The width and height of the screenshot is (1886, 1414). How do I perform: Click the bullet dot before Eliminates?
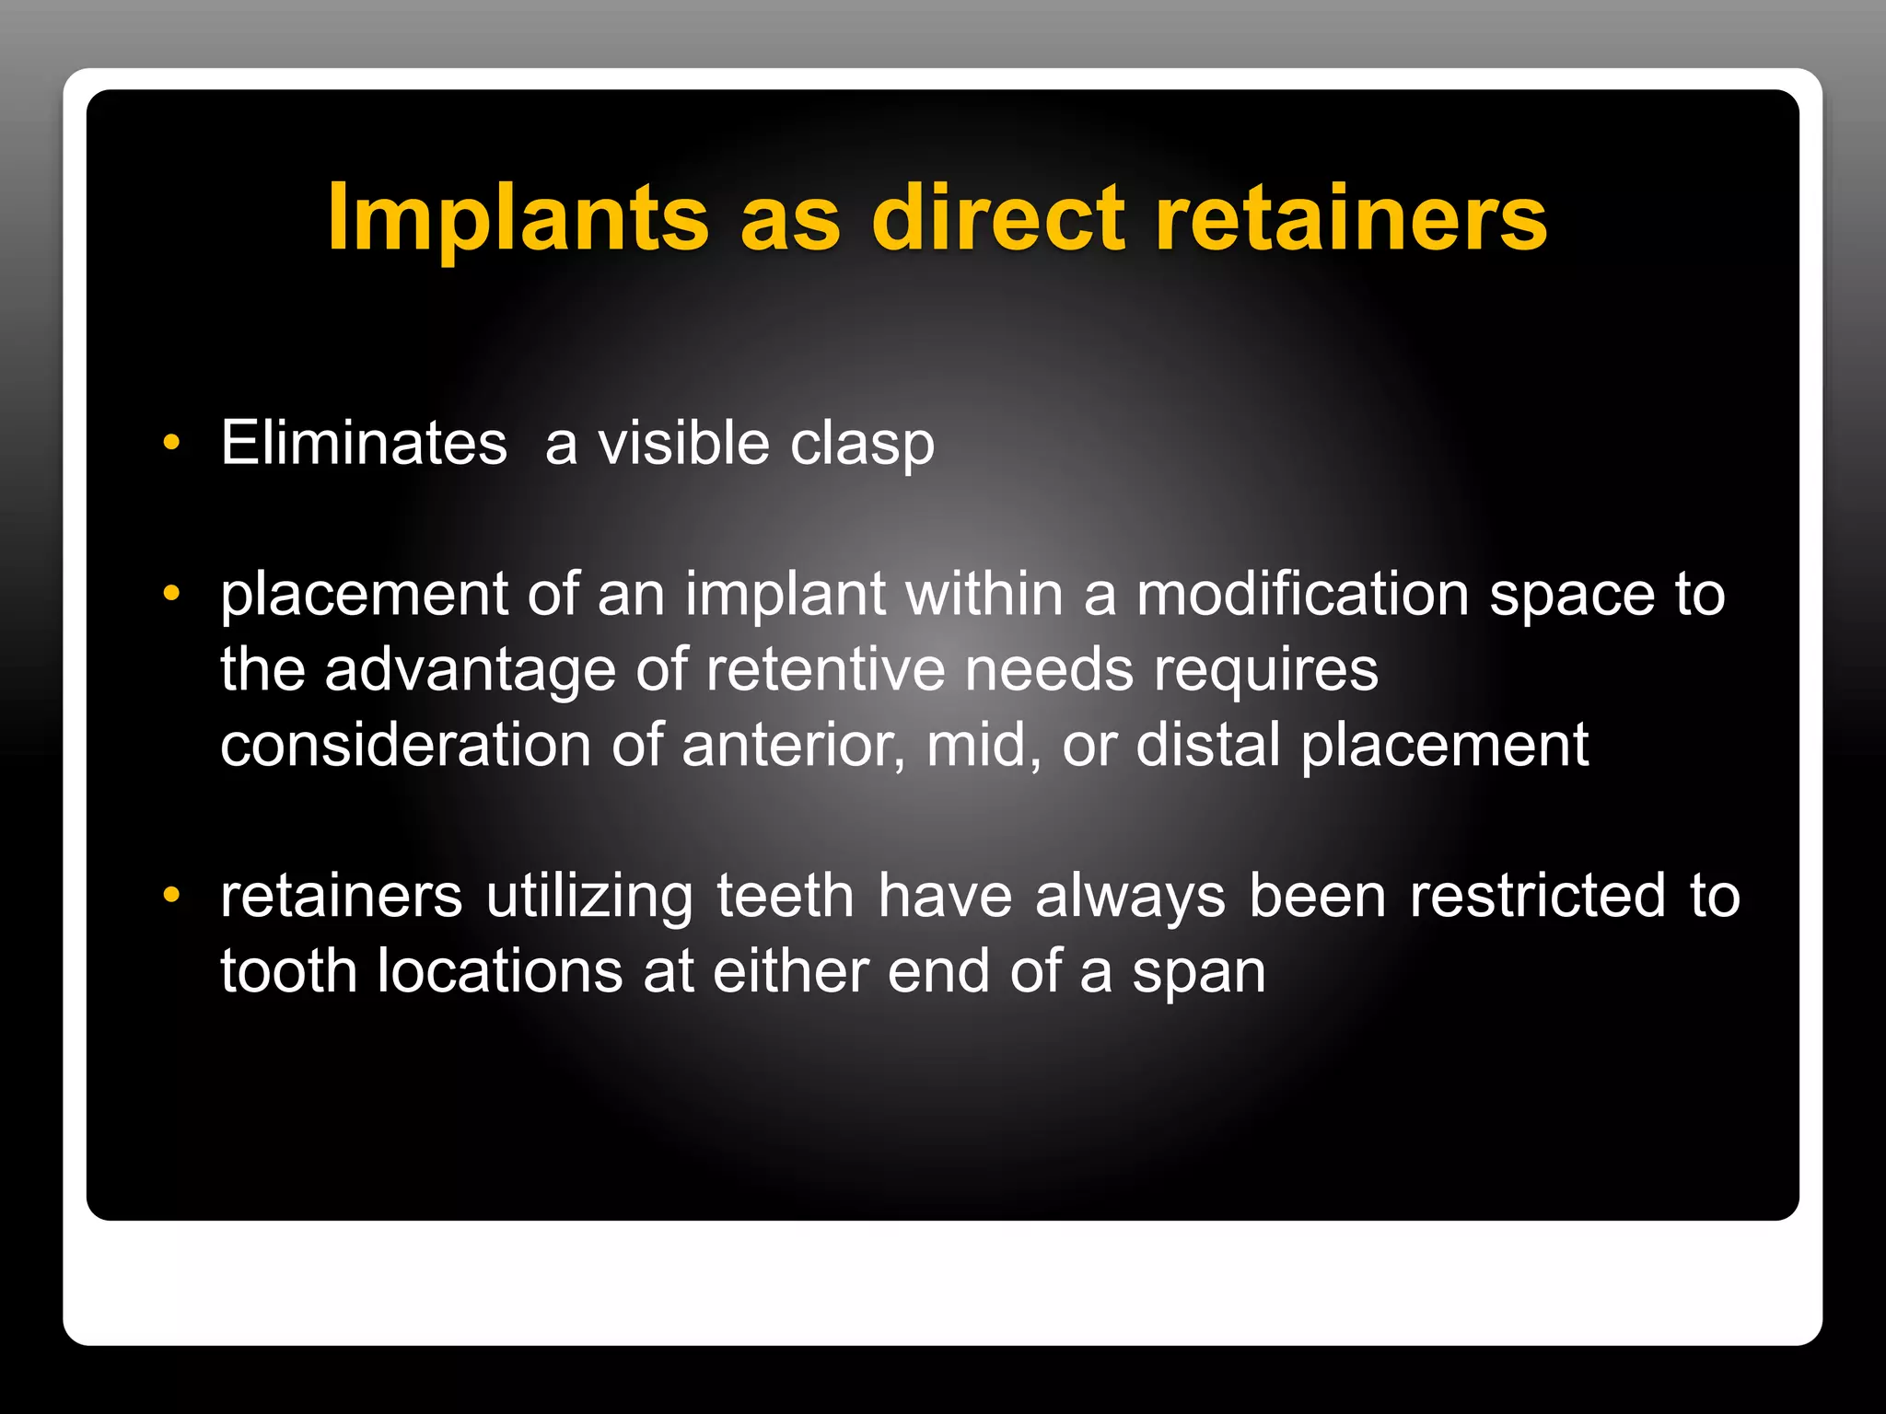171,443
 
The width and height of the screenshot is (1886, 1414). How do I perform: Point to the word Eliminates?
364,443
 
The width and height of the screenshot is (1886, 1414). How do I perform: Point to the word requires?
1266,671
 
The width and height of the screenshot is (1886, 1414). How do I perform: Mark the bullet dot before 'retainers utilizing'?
171,895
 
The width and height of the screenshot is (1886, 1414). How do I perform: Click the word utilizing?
589,897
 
